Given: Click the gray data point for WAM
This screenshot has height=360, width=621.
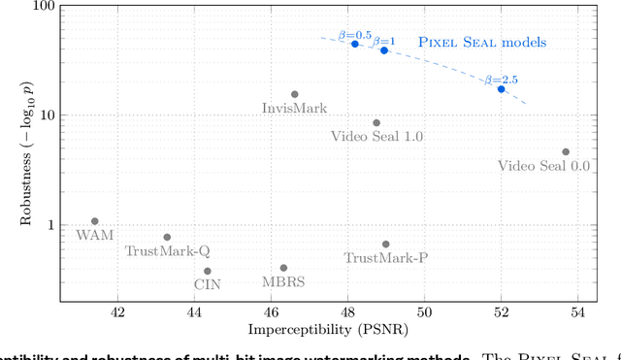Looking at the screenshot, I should (x=94, y=221).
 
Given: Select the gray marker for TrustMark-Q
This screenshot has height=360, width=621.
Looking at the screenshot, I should (x=167, y=237).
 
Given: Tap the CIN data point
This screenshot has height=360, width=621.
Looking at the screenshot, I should (x=207, y=272).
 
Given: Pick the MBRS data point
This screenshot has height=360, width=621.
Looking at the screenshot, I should (x=283, y=268).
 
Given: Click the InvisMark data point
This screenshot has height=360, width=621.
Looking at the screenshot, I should (x=295, y=94).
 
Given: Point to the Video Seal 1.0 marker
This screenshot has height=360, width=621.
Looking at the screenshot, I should (x=376, y=123).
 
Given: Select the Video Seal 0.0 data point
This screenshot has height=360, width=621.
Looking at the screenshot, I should (x=566, y=151).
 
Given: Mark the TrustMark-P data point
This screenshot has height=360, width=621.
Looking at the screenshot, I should (x=385, y=245).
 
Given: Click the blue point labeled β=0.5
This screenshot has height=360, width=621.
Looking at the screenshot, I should (x=355, y=44).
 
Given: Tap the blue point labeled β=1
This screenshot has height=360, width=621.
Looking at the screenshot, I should (x=384, y=50).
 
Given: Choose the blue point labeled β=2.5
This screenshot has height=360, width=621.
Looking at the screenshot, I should (x=502, y=89).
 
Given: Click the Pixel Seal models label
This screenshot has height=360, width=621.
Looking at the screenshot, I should (x=482, y=43).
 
